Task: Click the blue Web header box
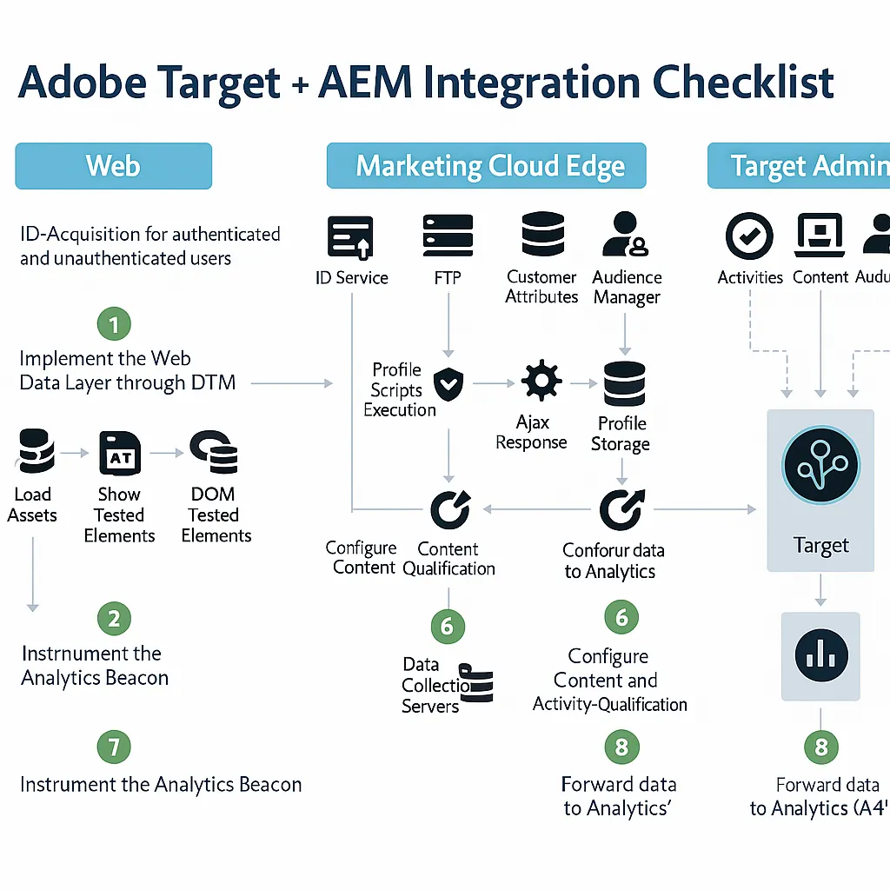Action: pyautogui.click(x=113, y=165)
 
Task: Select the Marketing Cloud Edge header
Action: pyautogui.click(x=486, y=165)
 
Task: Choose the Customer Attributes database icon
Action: pyautogui.click(x=542, y=235)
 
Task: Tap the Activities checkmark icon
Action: pyautogui.click(x=749, y=236)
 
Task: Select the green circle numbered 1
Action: pyautogui.click(x=114, y=325)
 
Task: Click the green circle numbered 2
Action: pyautogui.click(x=114, y=619)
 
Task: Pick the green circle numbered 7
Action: pyautogui.click(x=114, y=747)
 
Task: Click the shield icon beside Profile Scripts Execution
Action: pyautogui.click(x=448, y=382)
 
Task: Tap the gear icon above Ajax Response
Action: pyautogui.click(x=541, y=382)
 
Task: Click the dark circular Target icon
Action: pyautogui.click(x=820, y=466)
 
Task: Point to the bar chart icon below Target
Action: pyautogui.click(x=820, y=656)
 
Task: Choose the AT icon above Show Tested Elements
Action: pyautogui.click(x=120, y=453)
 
